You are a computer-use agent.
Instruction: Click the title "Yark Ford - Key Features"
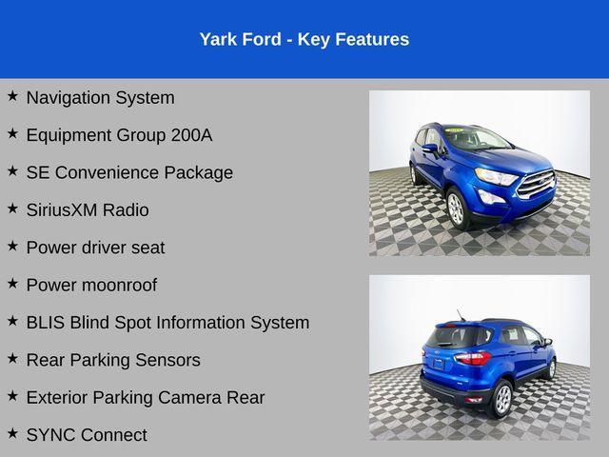(x=304, y=39)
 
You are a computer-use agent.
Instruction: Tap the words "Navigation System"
(x=100, y=97)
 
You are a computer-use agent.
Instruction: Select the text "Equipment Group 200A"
(x=119, y=135)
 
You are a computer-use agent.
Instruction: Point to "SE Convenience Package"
(x=129, y=172)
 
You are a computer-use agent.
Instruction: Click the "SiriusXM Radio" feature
(x=88, y=209)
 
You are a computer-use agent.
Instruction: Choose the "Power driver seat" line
(x=95, y=248)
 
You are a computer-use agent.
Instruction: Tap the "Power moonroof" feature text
(x=91, y=285)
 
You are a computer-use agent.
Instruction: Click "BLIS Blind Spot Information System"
(x=167, y=323)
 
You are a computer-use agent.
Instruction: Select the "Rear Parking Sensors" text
(x=113, y=360)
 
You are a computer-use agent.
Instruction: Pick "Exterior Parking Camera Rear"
(x=146, y=397)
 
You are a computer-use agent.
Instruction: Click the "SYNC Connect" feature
(x=87, y=435)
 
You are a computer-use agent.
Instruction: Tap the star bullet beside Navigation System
(x=12, y=96)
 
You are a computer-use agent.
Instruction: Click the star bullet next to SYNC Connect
(x=12, y=433)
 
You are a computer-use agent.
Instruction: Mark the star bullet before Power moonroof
(x=12, y=284)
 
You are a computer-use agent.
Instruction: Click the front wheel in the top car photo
(x=456, y=208)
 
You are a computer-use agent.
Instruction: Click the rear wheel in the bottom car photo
(x=502, y=398)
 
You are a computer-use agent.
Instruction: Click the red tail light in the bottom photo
(x=473, y=359)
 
